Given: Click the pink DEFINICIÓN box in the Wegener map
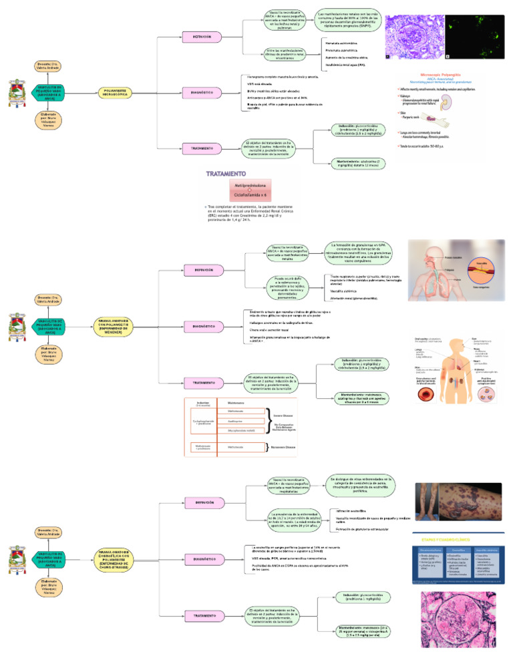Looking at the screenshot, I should coord(204,270).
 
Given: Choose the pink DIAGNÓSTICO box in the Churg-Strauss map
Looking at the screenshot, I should coord(203,558).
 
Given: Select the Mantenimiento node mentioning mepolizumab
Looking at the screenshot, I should coord(361,630).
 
